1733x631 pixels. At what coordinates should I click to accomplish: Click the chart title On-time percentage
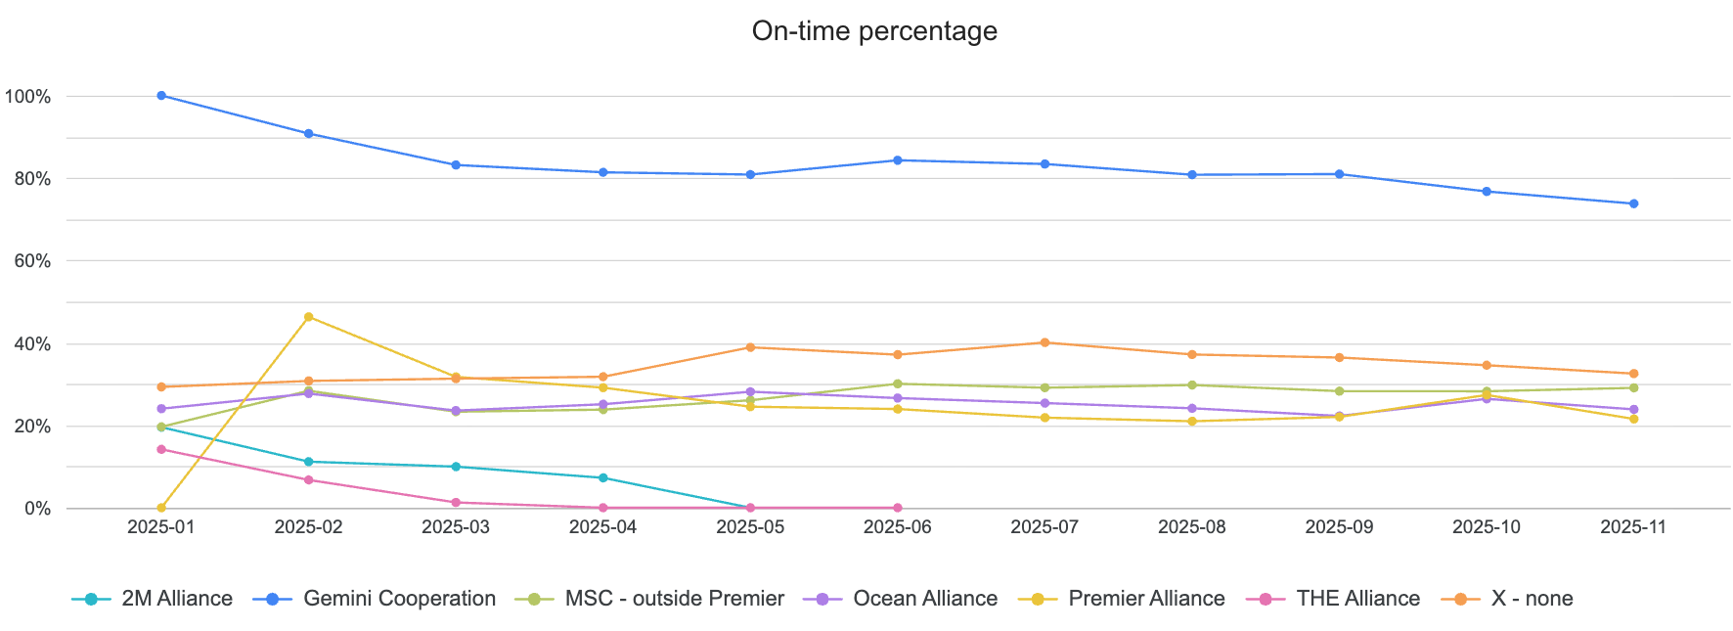(873, 31)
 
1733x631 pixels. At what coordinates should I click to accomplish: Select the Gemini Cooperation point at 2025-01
(161, 96)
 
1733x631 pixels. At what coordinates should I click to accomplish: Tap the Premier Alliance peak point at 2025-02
(309, 317)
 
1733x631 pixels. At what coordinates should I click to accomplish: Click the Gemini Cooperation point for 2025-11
(1633, 203)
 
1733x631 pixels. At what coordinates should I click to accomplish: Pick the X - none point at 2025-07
(1044, 342)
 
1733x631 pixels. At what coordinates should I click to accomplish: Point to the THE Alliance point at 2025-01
(161, 449)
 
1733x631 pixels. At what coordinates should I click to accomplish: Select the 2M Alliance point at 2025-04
(602, 477)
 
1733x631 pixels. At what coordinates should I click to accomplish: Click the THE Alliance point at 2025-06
(897, 508)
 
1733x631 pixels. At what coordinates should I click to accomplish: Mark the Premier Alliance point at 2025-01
(161, 508)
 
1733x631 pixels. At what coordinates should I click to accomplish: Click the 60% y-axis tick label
(31, 261)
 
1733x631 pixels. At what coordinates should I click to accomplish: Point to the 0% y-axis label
(37, 509)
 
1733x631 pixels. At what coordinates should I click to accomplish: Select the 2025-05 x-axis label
(750, 527)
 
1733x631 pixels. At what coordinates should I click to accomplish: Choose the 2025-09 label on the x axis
(1339, 527)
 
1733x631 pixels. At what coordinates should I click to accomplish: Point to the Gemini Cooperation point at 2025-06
(897, 160)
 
